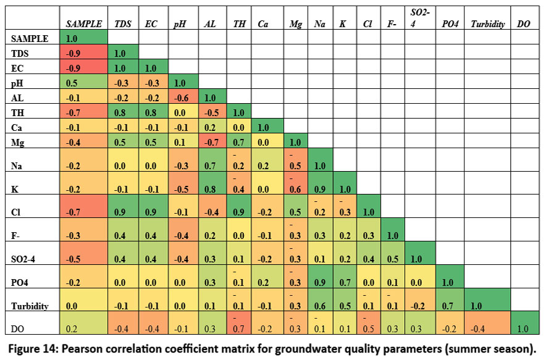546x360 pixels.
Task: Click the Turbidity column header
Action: (x=487, y=24)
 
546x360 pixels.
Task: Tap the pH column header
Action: (x=180, y=24)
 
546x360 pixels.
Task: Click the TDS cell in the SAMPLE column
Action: (x=85, y=52)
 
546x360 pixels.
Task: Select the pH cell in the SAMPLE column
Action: (x=85, y=83)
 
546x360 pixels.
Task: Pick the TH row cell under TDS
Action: (x=123, y=112)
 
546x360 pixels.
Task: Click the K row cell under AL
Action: (x=211, y=190)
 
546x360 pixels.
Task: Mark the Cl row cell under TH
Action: (x=238, y=212)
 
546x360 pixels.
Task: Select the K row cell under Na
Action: (x=319, y=190)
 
